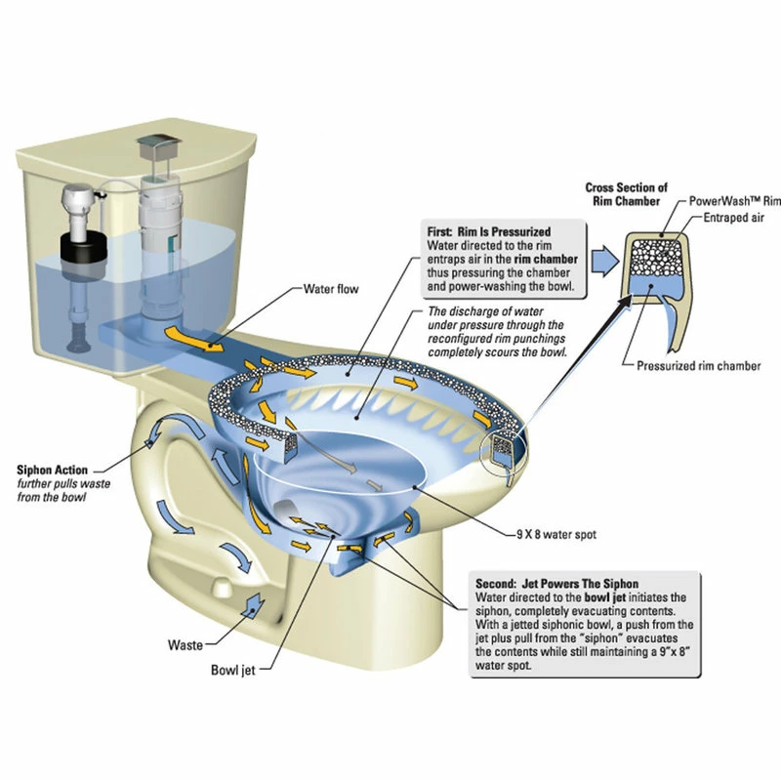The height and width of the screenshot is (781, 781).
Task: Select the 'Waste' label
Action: [185, 645]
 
